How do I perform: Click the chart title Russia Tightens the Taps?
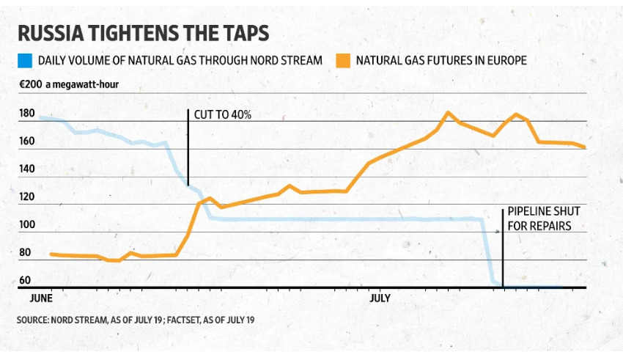(143, 34)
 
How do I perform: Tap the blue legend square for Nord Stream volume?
(25, 60)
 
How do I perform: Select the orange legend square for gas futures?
(343, 60)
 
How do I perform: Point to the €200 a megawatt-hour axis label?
(69, 84)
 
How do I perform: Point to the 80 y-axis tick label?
(26, 253)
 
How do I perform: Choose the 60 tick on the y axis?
(26, 280)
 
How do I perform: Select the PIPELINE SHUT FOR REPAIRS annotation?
(539, 219)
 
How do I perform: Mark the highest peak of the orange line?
(447, 113)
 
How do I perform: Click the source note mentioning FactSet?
(136, 320)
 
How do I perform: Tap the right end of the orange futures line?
(584, 147)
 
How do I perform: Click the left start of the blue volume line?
(41, 117)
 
